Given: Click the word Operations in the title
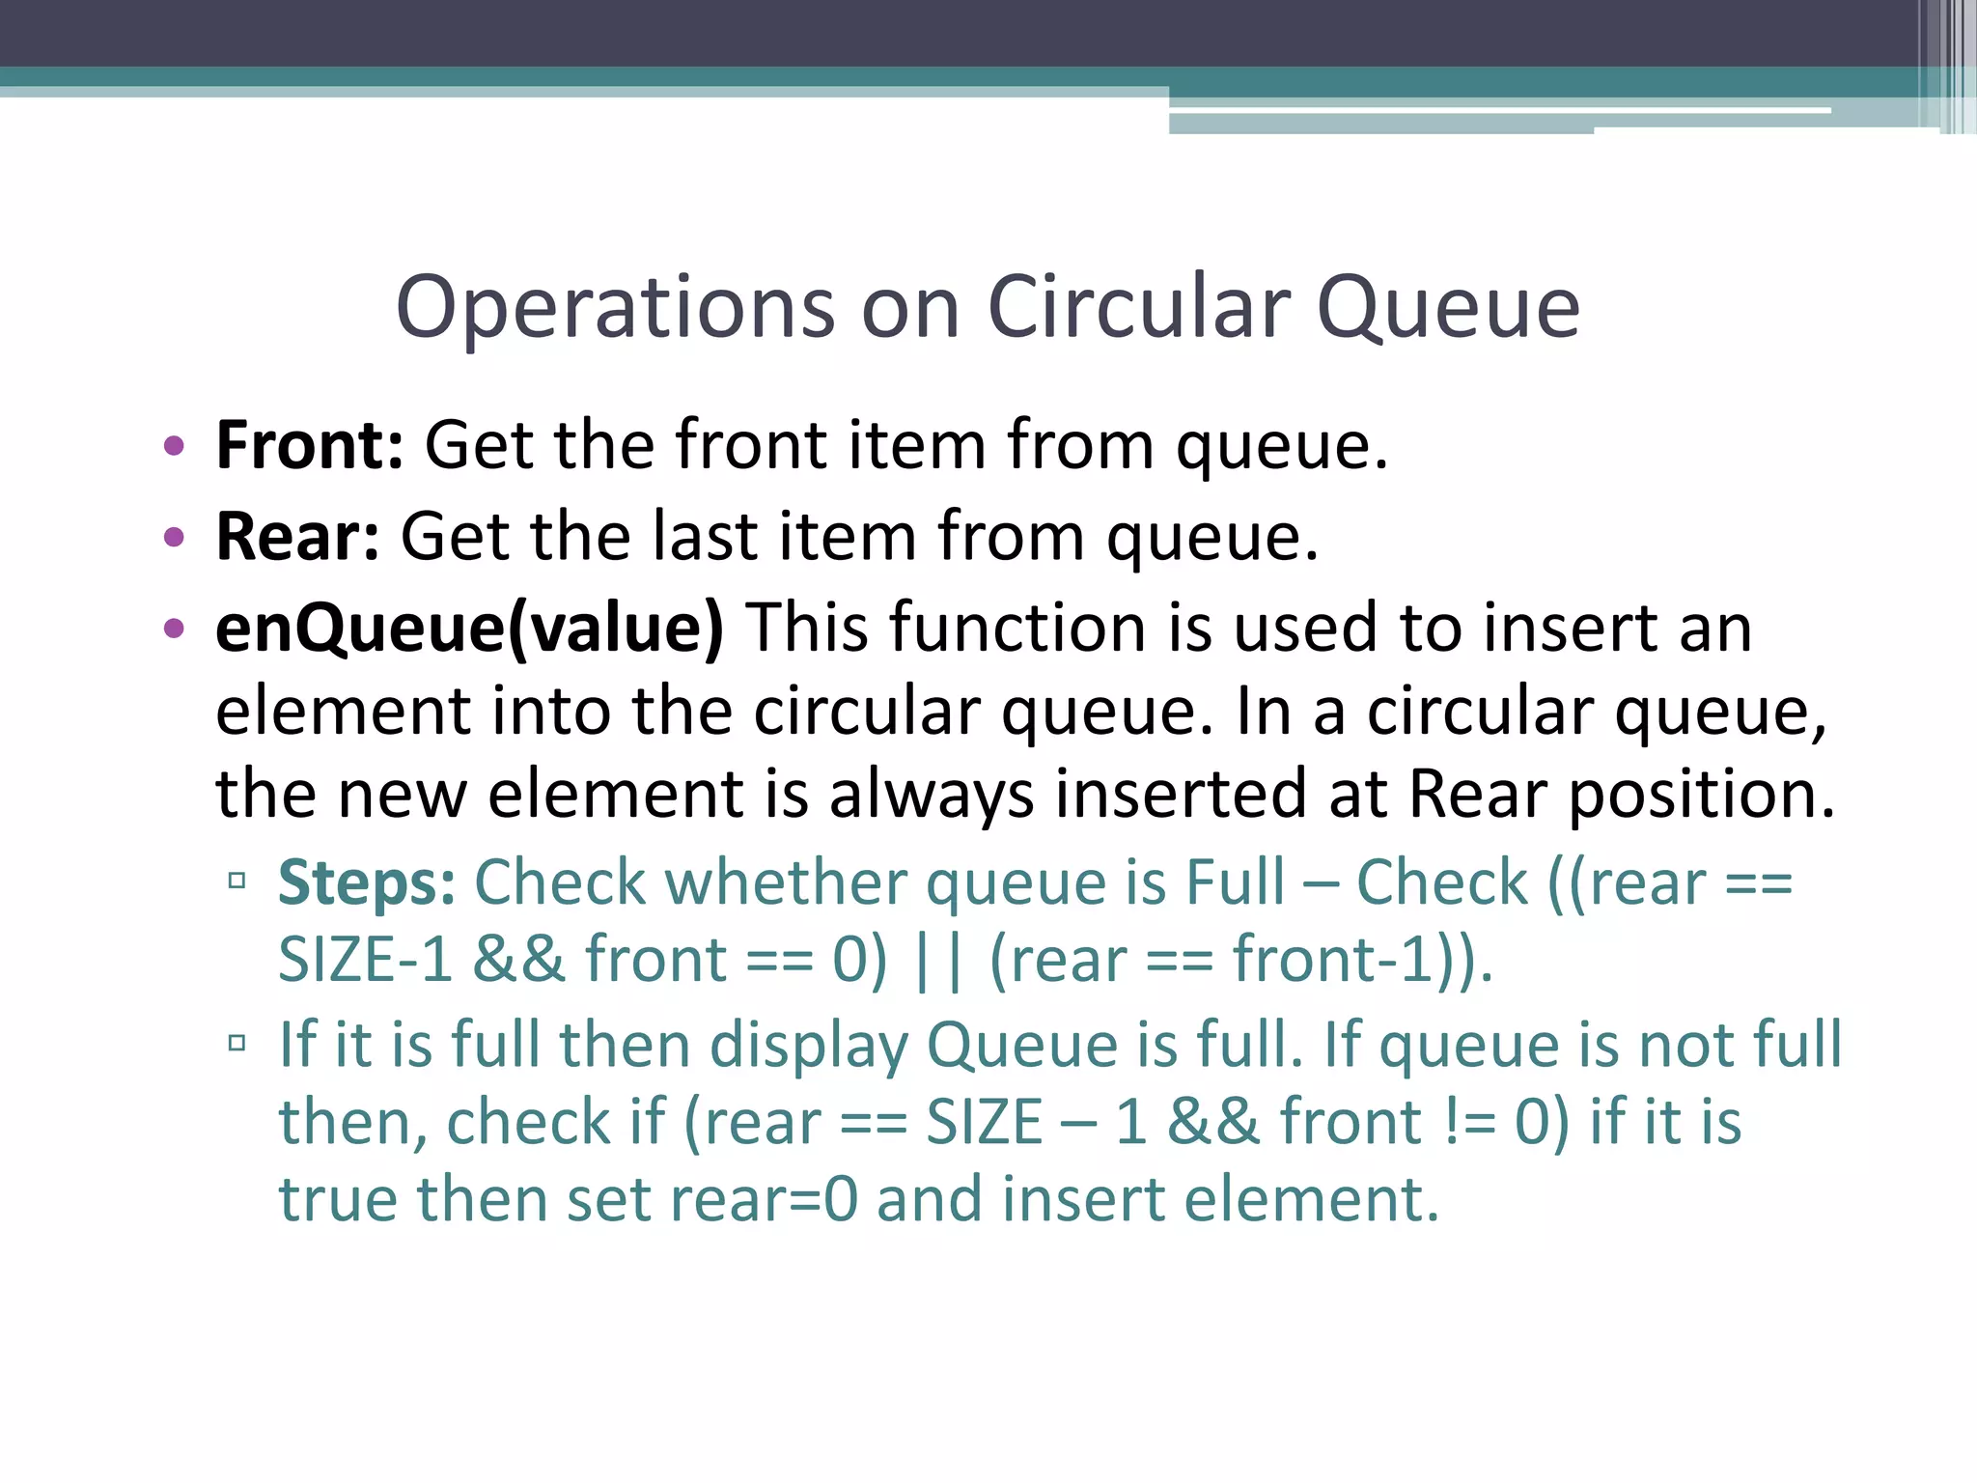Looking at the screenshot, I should tap(615, 308).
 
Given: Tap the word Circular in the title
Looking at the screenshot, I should tap(1138, 306).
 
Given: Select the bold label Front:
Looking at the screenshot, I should tap(310, 445).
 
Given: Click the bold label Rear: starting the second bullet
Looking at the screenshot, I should tap(297, 536).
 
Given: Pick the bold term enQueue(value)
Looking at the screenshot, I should tap(469, 629).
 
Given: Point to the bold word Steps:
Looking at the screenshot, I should tap(367, 882).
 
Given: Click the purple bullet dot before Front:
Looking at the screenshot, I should tap(174, 446).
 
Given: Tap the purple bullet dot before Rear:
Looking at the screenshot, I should tap(174, 537).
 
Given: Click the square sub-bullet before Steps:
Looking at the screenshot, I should tap(237, 881).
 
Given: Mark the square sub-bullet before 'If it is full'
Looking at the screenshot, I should tap(237, 1043).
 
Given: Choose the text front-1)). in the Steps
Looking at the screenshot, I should tap(1362, 961).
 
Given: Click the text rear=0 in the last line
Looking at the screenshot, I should tap(763, 1200).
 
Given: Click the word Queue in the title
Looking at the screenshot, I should tap(1448, 308).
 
